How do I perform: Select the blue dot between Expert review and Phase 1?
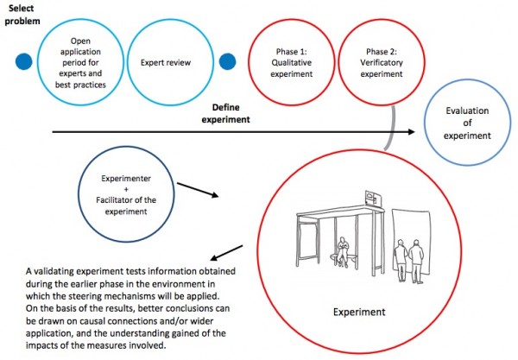coord(229,62)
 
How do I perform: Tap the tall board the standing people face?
coord(411,237)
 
